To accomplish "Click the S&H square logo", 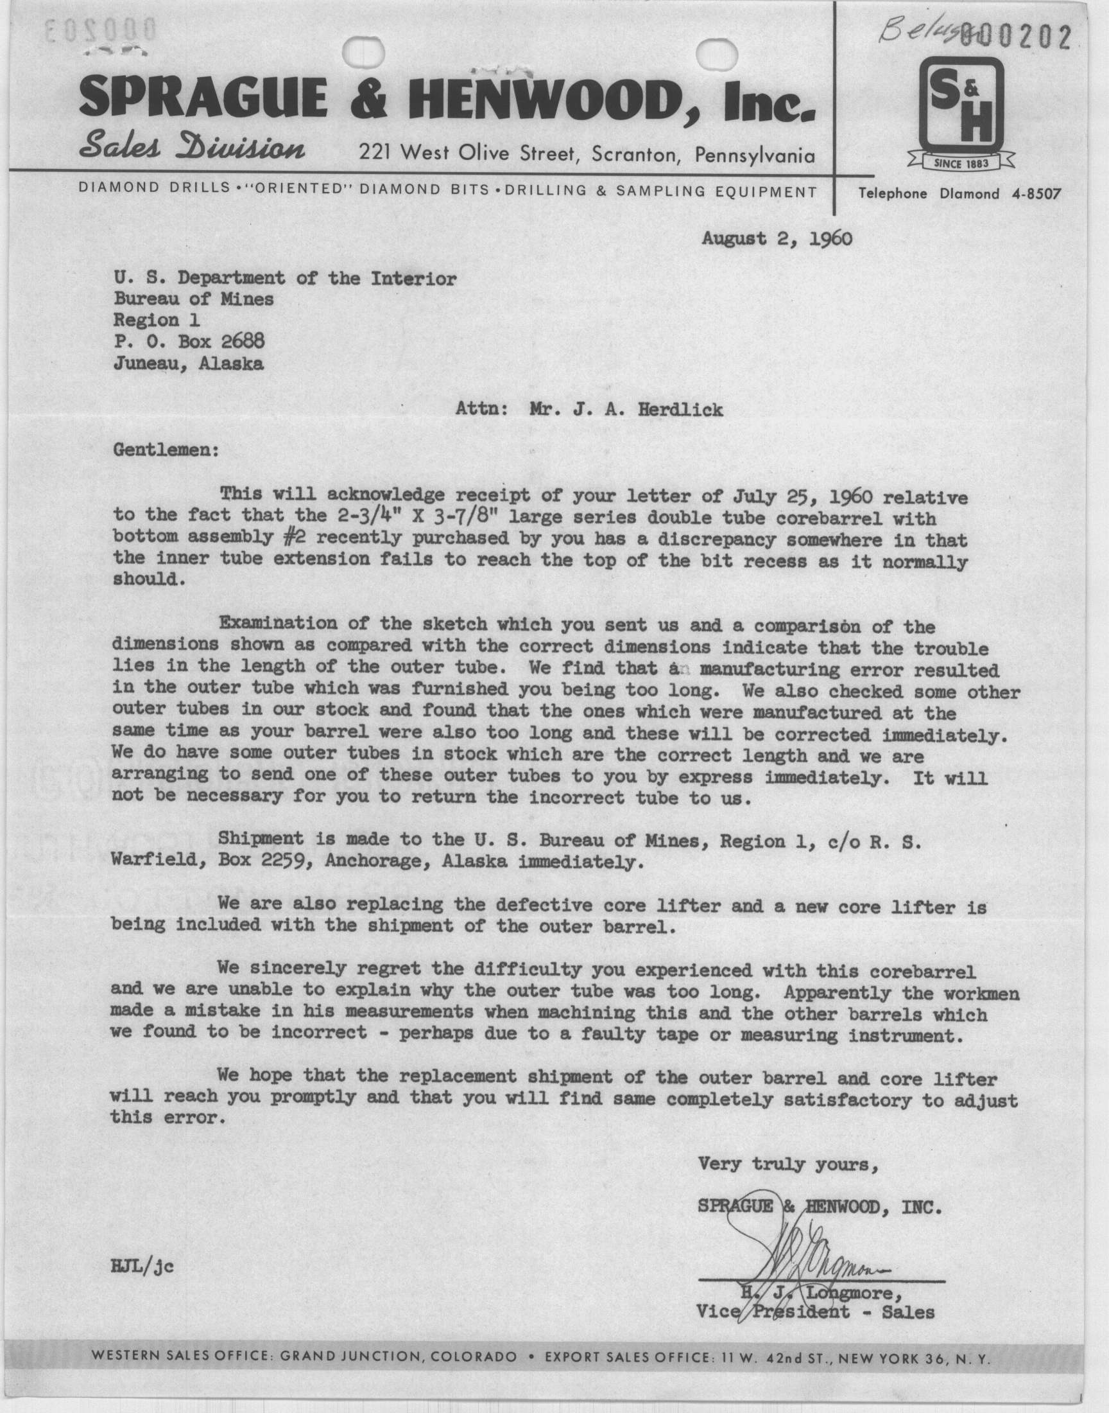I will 961,103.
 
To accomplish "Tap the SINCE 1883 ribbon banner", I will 961,163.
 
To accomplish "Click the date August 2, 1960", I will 777,238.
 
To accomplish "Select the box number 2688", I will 242,341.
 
